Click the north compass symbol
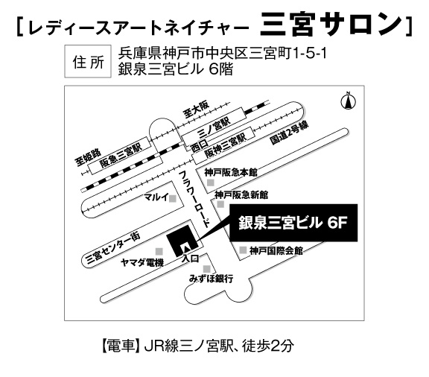(x=349, y=101)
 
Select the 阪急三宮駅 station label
(x=121, y=155)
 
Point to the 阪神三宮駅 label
(x=226, y=145)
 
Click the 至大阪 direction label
(x=196, y=109)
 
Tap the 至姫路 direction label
(x=88, y=158)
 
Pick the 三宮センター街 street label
(x=112, y=249)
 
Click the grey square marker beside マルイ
(x=173, y=198)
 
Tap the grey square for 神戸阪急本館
(x=210, y=183)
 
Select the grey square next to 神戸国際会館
(x=243, y=250)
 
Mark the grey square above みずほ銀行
(x=207, y=269)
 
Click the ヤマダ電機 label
(x=142, y=263)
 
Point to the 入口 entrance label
(x=190, y=259)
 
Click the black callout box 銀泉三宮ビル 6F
(x=293, y=223)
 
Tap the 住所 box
(x=88, y=62)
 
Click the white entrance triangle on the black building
(x=185, y=248)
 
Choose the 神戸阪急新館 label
(x=241, y=195)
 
